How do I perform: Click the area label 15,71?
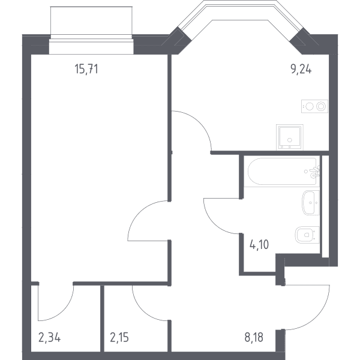point(86,69)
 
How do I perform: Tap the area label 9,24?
point(301,69)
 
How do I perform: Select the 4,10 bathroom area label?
point(259,245)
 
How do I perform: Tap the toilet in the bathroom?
point(307,235)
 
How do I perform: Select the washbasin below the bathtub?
point(311,203)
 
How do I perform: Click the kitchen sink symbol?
point(290,137)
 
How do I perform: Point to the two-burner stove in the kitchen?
point(314,106)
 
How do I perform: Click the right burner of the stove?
point(321,106)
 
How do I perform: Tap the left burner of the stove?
point(310,106)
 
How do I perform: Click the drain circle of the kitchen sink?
point(290,140)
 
